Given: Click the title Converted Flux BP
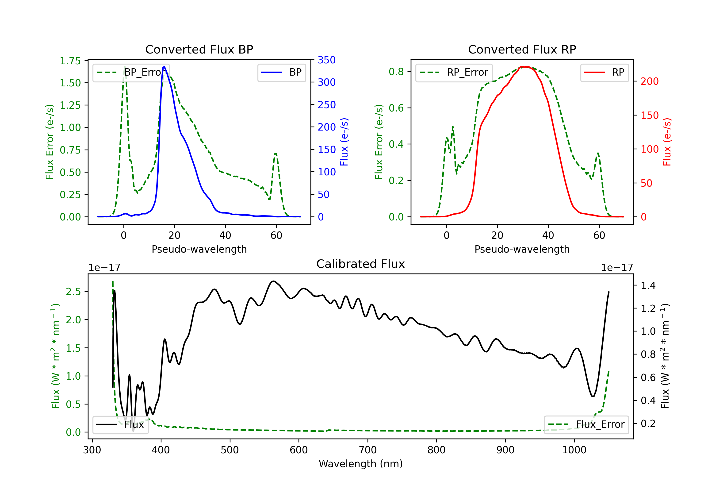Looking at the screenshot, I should (x=199, y=49).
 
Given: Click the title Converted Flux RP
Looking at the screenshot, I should (x=522, y=49).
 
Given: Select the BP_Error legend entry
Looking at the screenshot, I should (x=131, y=72).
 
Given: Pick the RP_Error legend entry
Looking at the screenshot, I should (x=454, y=72).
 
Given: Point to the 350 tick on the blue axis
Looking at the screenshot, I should (x=327, y=60).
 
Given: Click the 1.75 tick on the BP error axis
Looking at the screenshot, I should (x=70, y=61).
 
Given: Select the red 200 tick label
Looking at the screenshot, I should (x=649, y=81).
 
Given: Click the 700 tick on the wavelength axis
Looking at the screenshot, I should (x=368, y=450).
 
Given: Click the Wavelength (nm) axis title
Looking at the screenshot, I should (x=361, y=464).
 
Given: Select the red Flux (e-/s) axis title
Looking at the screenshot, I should (x=667, y=142).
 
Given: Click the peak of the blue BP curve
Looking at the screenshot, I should (x=164, y=67).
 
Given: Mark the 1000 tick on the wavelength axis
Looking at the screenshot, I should (x=574, y=450).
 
